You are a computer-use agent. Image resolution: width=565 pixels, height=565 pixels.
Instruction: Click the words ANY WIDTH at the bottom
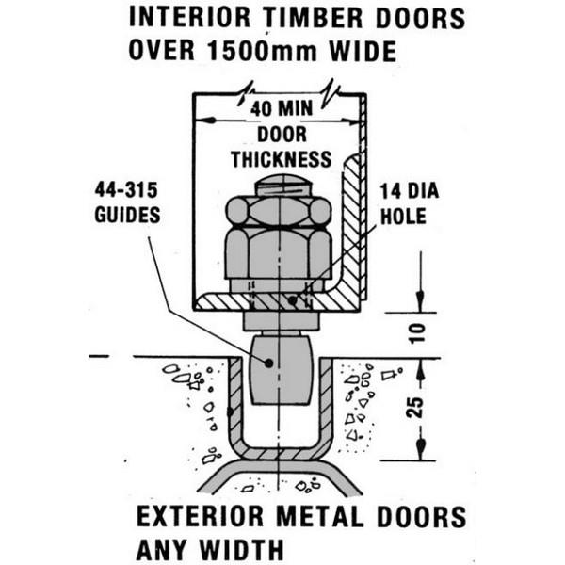(209, 547)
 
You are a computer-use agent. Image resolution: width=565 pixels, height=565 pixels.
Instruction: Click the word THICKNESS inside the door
(281, 157)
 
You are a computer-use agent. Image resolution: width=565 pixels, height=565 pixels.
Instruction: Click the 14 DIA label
(410, 192)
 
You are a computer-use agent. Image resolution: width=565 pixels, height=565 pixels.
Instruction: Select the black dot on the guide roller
(268, 361)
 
